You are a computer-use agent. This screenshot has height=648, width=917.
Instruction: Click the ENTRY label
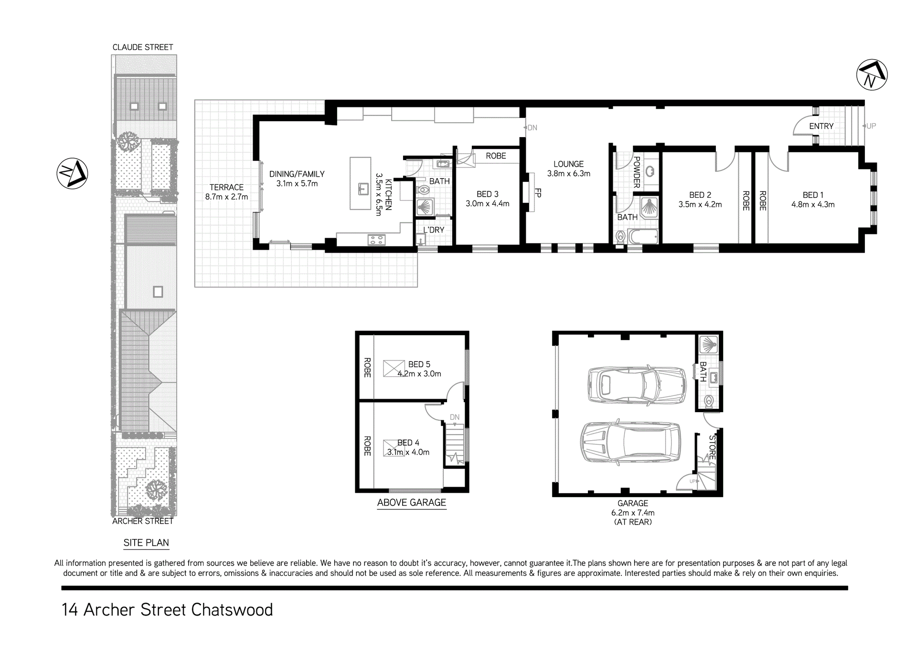pyautogui.click(x=821, y=126)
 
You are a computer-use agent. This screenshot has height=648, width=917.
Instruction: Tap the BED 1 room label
pyautogui.click(x=813, y=195)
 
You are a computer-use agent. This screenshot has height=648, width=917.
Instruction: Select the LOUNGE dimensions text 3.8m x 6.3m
pyautogui.click(x=568, y=174)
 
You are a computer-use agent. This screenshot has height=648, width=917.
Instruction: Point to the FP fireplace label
pyautogui.click(x=538, y=193)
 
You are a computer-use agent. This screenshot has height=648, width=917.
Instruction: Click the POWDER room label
pyautogui.click(x=637, y=172)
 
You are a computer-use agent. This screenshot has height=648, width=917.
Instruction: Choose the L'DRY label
pyautogui.click(x=434, y=230)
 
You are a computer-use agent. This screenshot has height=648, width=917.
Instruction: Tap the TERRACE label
pyautogui.click(x=226, y=187)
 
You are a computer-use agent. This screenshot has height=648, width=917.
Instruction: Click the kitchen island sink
pyautogui.click(x=363, y=189)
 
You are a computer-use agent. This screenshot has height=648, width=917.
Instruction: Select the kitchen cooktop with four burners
pyautogui.click(x=376, y=240)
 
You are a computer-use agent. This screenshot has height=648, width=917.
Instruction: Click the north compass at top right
pyautogui.click(x=872, y=75)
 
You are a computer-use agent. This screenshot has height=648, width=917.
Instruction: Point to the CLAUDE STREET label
pyautogui.click(x=143, y=47)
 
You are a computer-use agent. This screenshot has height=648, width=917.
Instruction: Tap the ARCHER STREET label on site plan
pyautogui.click(x=143, y=521)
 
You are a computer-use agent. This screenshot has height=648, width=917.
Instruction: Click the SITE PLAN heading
pyautogui.click(x=146, y=543)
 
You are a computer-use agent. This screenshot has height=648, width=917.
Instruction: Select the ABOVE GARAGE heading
pyautogui.click(x=412, y=502)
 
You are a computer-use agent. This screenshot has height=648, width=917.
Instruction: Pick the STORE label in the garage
pyautogui.click(x=712, y=447)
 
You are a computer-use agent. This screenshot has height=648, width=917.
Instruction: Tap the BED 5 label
pyautogui.click(x=419, y=364)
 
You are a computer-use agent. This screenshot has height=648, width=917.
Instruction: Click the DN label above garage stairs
pyautogui.click(x=455, y=417)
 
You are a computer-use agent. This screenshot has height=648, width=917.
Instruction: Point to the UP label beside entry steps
pyautogui.click(x=871, y=126)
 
